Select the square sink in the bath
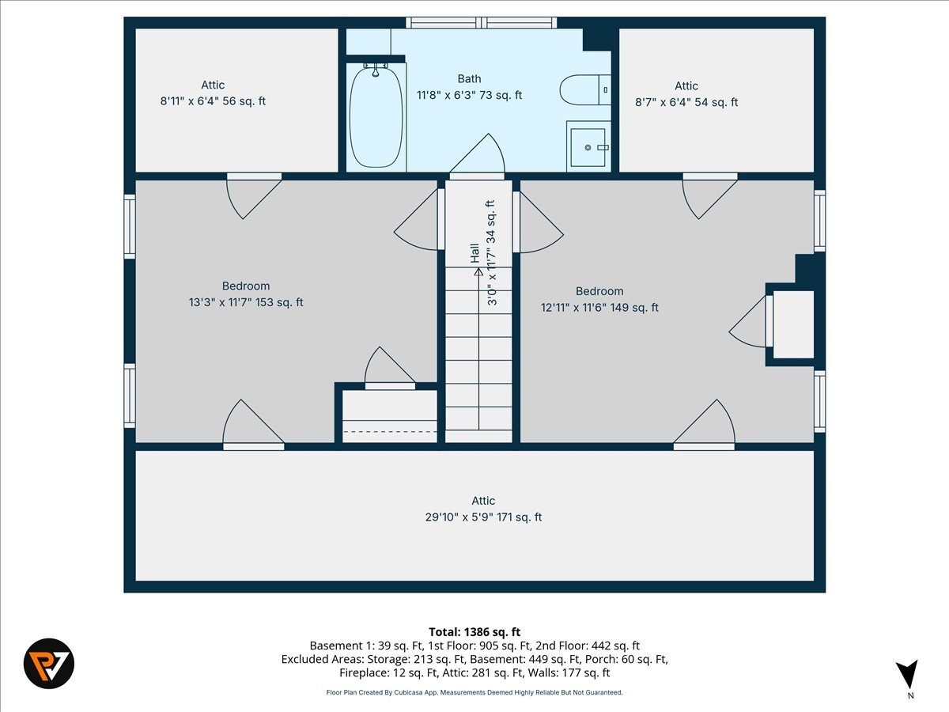[588, 147]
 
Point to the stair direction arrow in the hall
[478, 273]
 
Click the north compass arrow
[909, 675]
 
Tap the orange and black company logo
[49, 663]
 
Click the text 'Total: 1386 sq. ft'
[475, 631]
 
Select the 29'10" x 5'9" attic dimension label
[483, 517]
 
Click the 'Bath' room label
[469, 78]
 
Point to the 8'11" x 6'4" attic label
[213, 101]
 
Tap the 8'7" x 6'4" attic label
[686, 102]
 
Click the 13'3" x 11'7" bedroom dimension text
[246, 302]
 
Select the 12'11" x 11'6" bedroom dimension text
[599, 308]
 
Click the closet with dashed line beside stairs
[389, 415]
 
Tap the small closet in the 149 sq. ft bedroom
[792, 324]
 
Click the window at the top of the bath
[482, 22]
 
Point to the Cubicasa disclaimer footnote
[475, 692]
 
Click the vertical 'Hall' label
[475, 253]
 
